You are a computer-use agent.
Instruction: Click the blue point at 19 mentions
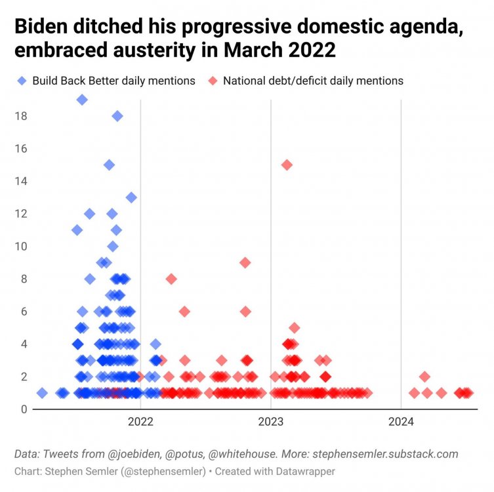[x=82, y=100]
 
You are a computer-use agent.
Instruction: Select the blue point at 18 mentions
[x=117, y=116]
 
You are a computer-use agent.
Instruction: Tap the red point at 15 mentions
[x=287, y=165]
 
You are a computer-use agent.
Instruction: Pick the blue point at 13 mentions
[x=131, y=197]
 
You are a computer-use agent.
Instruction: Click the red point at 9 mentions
[x=245, y=262]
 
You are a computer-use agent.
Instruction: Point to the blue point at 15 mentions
[x=109, y=165]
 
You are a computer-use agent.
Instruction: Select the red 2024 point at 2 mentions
[x=424, y=377]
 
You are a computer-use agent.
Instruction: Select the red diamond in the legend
[x=213, y=81]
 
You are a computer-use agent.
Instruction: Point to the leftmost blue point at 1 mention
[x=42, y=393]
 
